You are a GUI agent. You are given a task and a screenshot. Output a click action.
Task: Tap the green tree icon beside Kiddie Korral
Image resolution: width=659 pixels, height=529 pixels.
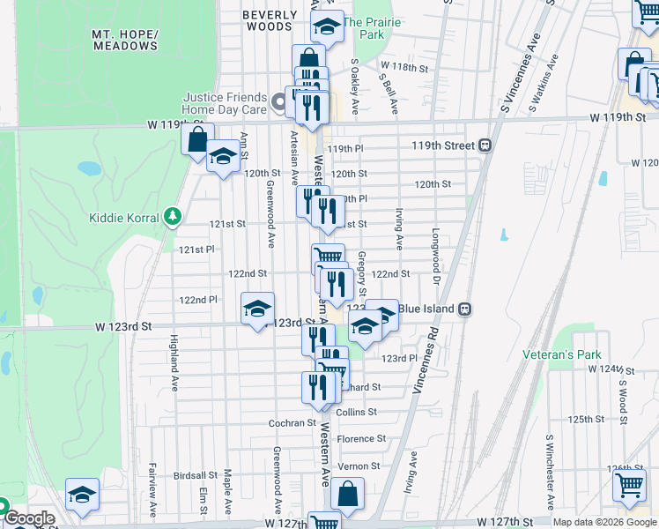coord(174,217)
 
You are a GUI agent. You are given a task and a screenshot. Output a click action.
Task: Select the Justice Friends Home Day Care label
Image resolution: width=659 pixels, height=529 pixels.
coord(224,103)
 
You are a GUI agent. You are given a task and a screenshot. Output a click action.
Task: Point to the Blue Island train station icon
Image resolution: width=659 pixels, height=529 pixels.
coord(464,309)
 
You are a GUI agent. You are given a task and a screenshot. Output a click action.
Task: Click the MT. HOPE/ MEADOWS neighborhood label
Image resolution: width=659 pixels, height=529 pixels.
coord(125,40)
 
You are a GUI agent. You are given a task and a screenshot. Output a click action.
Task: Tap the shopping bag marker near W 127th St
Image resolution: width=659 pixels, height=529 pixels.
coord(348,495)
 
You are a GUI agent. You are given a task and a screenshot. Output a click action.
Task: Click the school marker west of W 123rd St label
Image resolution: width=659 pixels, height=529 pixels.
coord(257,309)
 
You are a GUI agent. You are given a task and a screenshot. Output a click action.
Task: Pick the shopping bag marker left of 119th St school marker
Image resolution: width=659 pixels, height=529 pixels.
coord(197,139)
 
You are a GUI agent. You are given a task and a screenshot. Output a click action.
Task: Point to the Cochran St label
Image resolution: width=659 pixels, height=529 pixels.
coord(292,423)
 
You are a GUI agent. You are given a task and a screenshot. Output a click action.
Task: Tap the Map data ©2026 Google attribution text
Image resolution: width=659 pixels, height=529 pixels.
coord(604,522)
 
